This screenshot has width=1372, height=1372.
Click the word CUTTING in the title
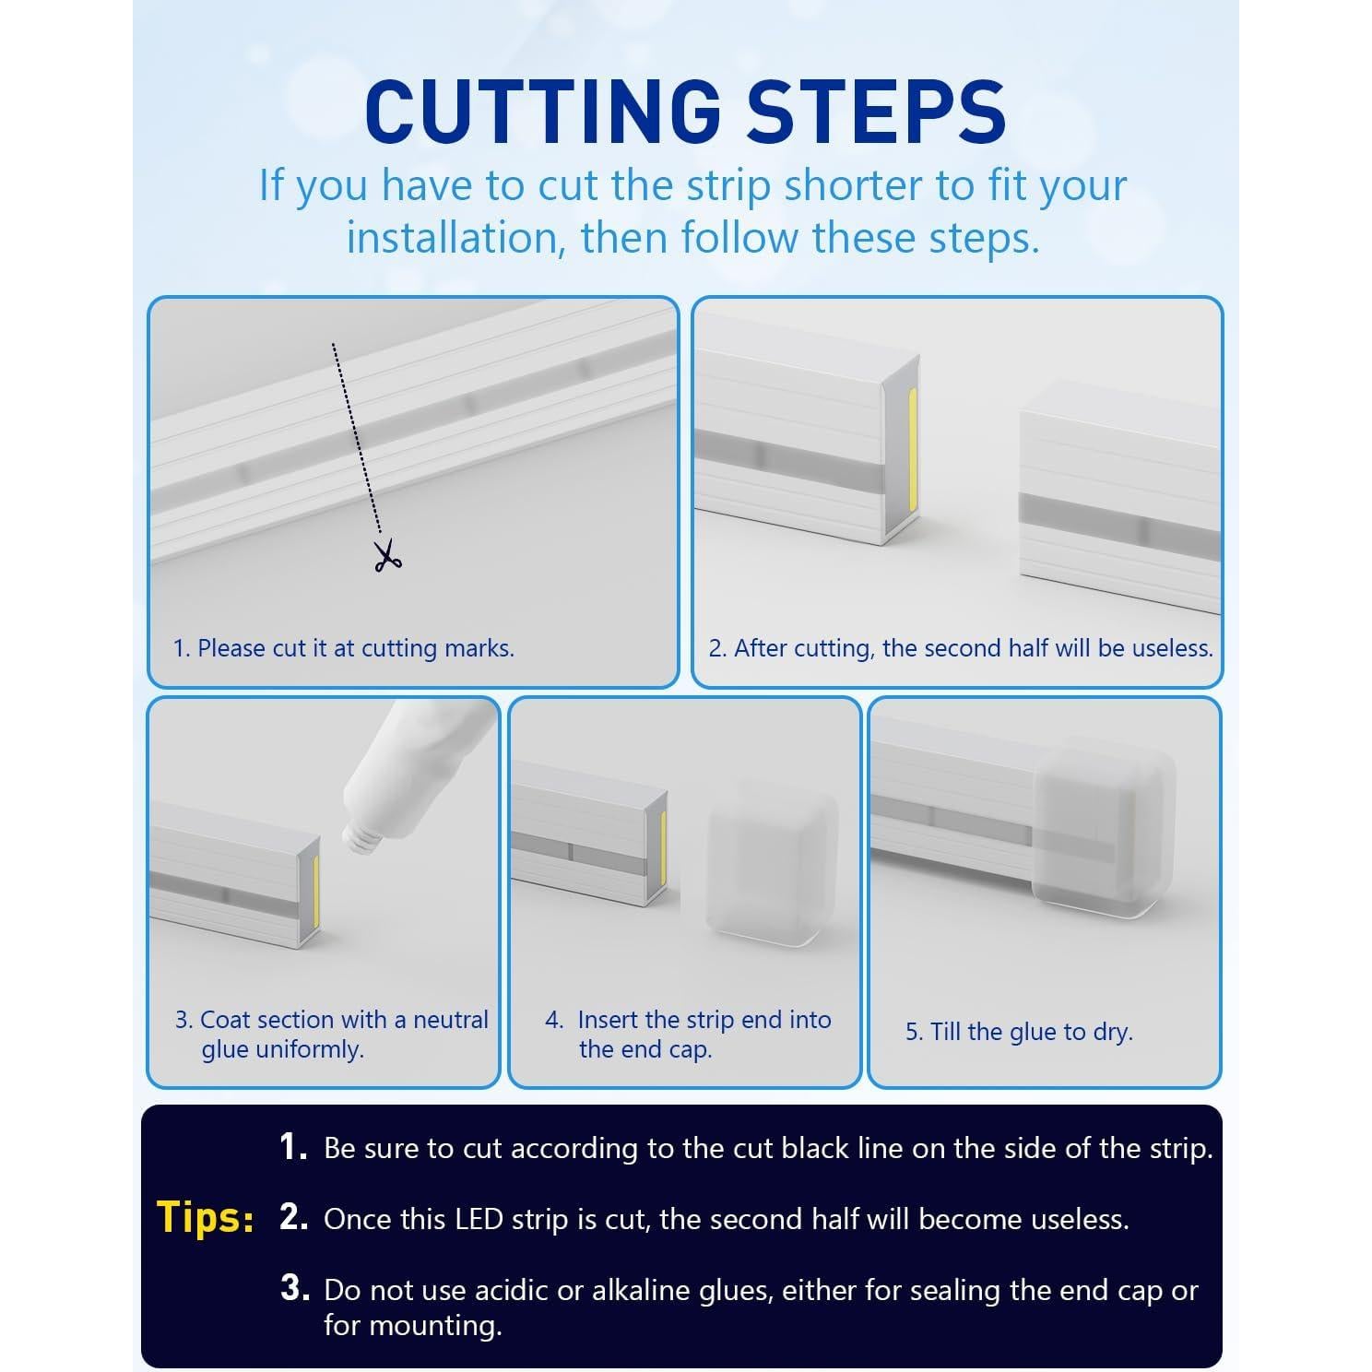(x=542, y=111)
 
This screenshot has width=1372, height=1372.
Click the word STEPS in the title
(x=876, y=111)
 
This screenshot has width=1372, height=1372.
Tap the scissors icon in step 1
(x=387, y=555)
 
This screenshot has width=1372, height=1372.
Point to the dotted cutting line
(x=357, y=438)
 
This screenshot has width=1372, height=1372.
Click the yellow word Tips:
(x=206, y=1217)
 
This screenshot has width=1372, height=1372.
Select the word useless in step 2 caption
(x=1172, y=648)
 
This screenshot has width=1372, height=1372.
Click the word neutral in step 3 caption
(x=451, y=1020)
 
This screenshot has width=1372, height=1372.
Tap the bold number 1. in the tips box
(x=294, y=1147)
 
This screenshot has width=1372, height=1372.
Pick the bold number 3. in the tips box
(x=294, y=1288)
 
